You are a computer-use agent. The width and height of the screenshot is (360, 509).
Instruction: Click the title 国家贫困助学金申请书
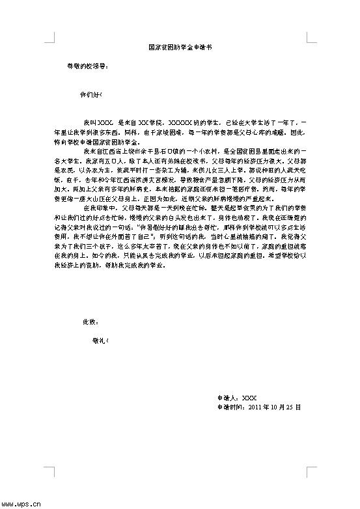[180, 48]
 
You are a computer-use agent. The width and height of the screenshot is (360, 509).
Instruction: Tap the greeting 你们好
[89, 94]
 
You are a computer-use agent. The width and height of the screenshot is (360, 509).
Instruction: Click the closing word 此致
[90, 322]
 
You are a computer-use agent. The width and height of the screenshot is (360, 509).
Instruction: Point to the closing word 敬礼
[101, 340]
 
